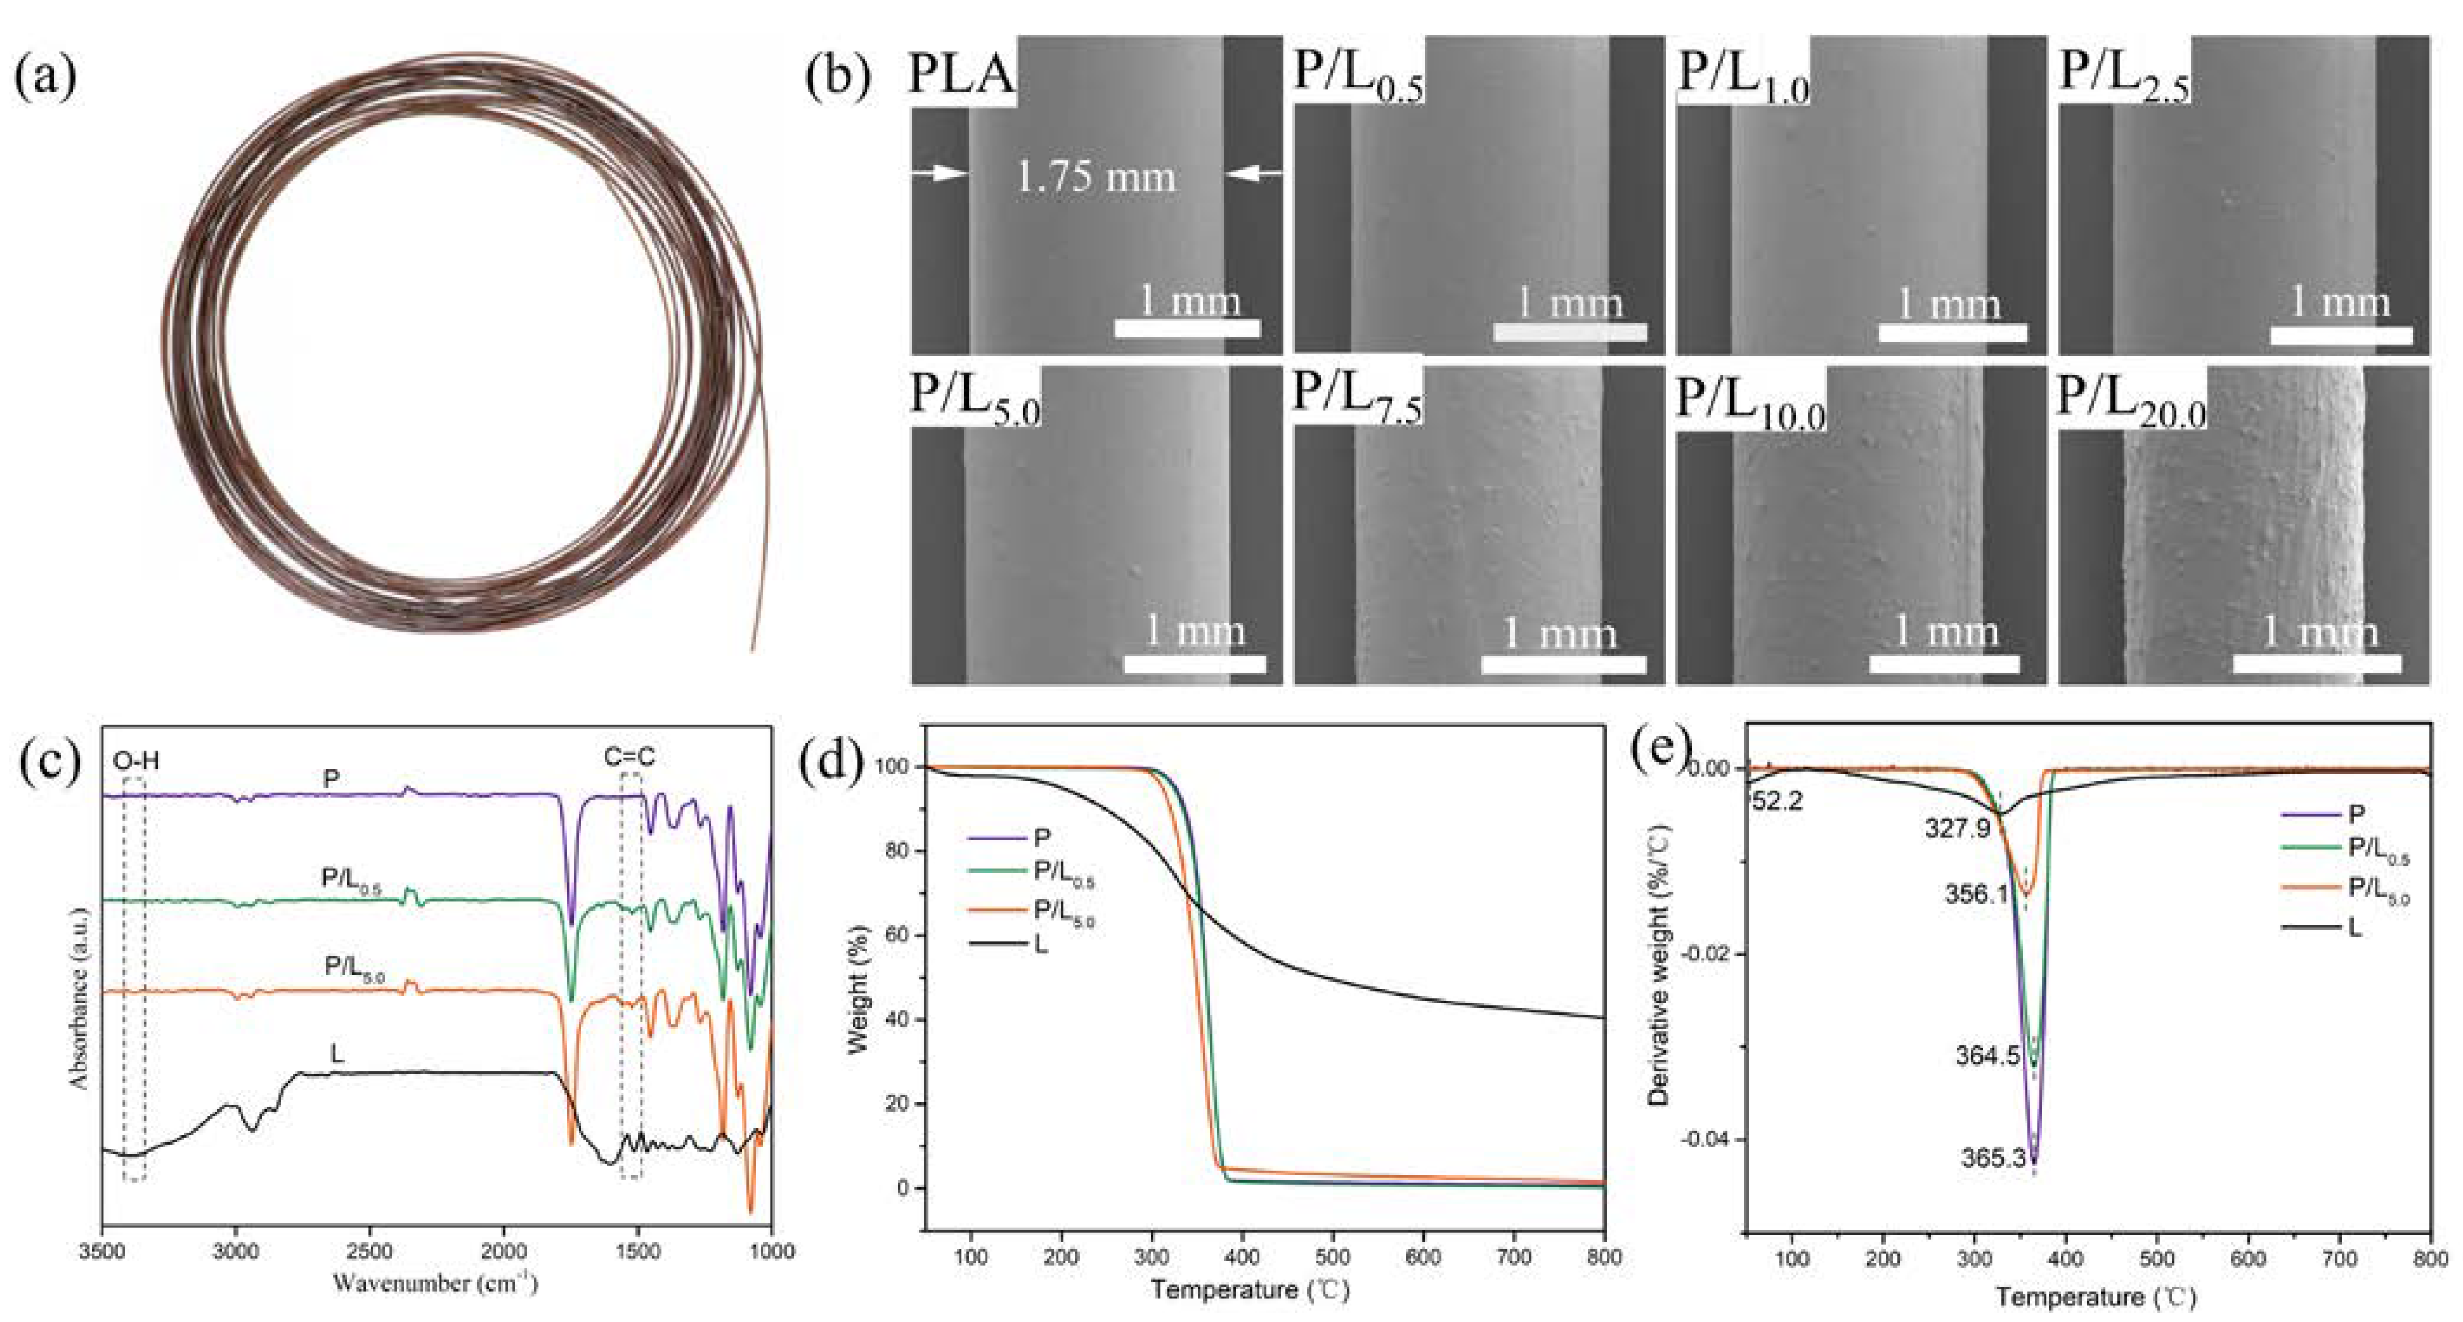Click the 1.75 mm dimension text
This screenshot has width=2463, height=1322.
1095,178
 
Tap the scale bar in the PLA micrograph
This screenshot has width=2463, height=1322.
1187,329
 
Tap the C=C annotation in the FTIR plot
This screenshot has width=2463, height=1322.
630,758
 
